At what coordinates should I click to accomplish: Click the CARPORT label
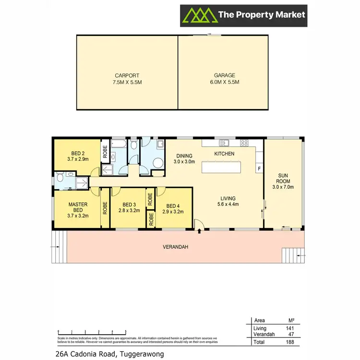(127, 79)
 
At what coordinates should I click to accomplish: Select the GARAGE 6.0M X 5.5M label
(224, 79)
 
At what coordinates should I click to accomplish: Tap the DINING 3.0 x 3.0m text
(184, 159)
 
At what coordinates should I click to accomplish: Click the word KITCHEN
(224, 154)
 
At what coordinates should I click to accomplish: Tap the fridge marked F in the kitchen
(259, 169)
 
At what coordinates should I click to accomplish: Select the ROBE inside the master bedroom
(105, 207)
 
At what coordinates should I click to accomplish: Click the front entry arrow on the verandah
(200, 232)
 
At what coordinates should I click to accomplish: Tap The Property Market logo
(243, 15)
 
